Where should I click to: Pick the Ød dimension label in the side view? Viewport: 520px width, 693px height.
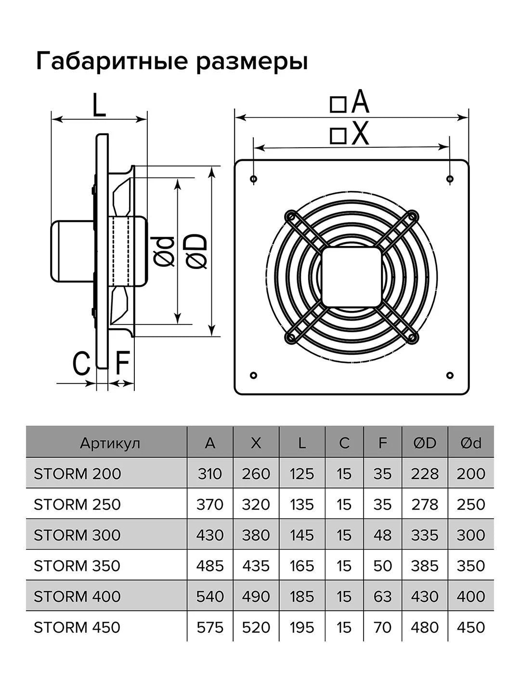point(164,251)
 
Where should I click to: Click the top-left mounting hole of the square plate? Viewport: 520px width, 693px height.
point(254,180)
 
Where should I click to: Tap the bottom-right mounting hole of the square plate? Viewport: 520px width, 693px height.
point(449,375)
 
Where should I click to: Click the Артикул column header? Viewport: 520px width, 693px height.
point(110,443)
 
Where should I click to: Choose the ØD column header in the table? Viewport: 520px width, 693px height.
point(424,443)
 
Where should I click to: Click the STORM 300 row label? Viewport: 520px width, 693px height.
point(77,535)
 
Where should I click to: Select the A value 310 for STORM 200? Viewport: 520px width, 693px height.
point(210,474)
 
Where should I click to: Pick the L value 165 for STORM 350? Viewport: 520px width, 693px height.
point(302,565)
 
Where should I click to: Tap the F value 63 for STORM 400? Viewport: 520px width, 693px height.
point(382,596)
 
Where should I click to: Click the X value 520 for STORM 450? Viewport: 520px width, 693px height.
point(256,627)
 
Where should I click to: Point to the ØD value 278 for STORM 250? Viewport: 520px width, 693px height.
point(424,504)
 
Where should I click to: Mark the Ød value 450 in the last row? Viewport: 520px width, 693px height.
point(470,627)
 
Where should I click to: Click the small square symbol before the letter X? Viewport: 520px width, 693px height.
point(338,135)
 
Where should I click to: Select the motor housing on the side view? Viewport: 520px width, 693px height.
point(72,251)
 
